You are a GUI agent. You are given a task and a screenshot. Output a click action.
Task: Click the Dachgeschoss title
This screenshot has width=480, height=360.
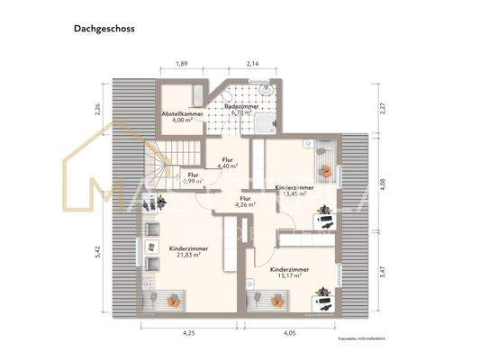[104, 29]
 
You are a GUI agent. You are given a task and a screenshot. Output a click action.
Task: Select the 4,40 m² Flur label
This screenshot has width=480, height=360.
[227, 163]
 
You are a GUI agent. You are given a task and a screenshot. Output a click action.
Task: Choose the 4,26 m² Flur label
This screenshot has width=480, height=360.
[245, 202]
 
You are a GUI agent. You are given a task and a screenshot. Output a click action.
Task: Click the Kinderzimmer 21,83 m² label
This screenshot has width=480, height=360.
[185, 251]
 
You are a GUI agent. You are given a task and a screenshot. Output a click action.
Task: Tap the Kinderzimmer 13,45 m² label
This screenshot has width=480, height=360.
[294, 190]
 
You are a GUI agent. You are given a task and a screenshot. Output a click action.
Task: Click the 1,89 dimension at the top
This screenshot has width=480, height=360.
[181, 64]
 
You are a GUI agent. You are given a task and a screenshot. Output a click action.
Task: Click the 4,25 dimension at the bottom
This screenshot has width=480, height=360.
[187, 333]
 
